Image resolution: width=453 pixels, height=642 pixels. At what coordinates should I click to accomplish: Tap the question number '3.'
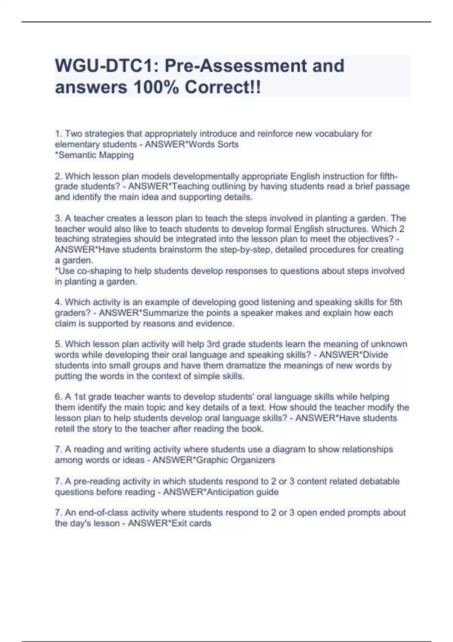(59, 218)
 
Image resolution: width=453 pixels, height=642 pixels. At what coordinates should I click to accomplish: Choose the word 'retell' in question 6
(65, 429)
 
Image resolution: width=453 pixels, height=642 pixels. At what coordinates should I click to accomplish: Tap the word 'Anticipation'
(231, 492)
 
